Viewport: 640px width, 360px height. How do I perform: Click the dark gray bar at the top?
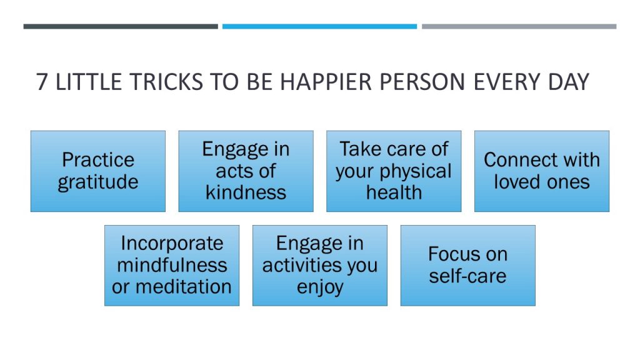pos(121,26)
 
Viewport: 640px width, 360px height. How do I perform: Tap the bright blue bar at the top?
pos(319,26)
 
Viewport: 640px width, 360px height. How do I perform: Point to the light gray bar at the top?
pos(519,26)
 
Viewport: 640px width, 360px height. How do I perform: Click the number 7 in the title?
pos(42,82)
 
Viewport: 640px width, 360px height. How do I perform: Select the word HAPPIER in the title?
pos(326,82)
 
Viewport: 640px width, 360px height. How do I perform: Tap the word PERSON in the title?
pos(422,82)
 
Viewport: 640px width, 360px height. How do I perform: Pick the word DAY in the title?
pos(569,82)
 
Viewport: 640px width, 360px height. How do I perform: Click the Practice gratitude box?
pos(98,171)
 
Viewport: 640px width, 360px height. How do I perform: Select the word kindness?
pos(246,192)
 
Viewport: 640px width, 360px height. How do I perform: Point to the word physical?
pos(416,171)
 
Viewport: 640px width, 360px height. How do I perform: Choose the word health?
pos(394,192)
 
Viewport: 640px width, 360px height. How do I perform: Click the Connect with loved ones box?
pos(542,171)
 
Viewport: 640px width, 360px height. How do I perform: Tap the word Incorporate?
pos(172,244)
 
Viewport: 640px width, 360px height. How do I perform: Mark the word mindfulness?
pos(172,265)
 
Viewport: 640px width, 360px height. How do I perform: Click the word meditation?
pos(184,286)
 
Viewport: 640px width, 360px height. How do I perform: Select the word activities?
pos(302,265)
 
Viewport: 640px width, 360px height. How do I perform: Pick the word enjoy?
pos(320,287)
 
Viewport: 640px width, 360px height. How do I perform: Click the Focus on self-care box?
pos(467,265)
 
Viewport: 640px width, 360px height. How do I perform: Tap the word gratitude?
pos(98,182)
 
